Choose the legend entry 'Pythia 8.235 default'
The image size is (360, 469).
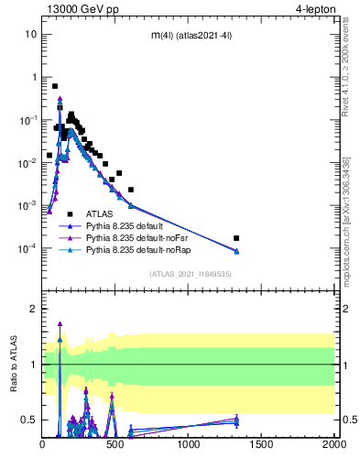[126, 225]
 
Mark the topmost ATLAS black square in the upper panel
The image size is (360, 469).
[55, 86]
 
